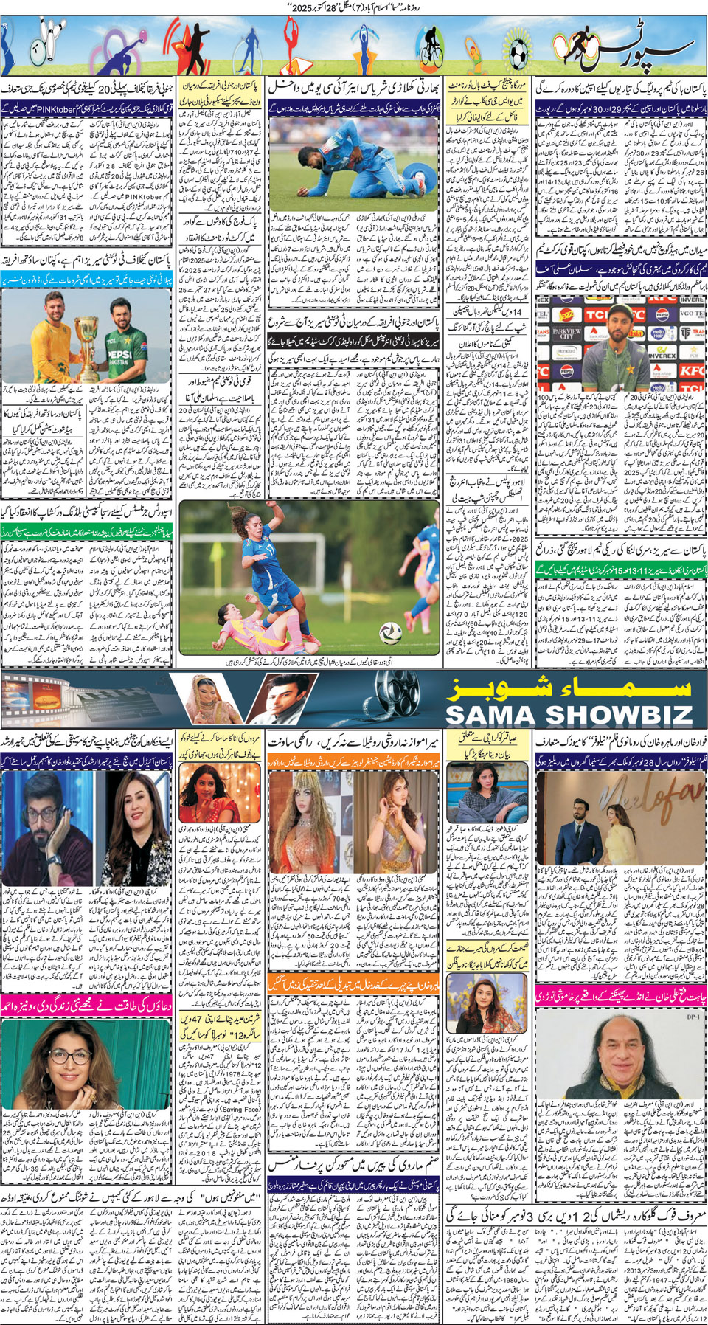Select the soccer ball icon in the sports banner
(x=518, y=52)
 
